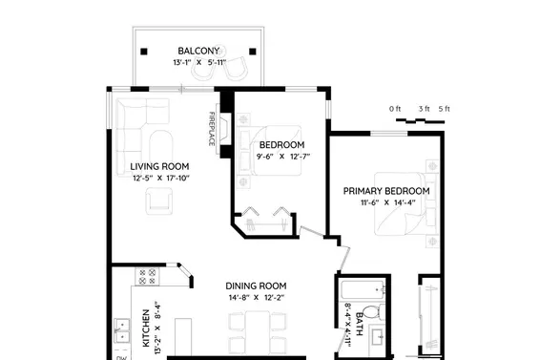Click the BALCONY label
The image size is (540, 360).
click(x=198, y=51)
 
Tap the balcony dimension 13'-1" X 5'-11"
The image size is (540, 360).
click(x=199, y=62)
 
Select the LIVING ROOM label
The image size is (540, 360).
click(x=159, y=166)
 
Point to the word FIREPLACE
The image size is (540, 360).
click(x=212, y=129)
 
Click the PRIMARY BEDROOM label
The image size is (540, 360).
click(x=386, y=191)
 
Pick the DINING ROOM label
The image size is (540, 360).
click(x=256, y=286)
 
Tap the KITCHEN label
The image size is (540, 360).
click(x=146, y=328)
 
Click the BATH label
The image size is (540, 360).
click(x=359, y=324)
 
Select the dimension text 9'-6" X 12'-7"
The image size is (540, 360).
click(x=283, y=157)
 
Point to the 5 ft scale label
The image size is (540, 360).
click(x=445, y=109)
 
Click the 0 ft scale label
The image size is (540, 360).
click(x=395, y=109)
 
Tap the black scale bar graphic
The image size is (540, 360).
click(x=420, y=120)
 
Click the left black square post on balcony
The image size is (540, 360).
click(x=144, y=52)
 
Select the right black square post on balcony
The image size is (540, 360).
click(x=253, y=52)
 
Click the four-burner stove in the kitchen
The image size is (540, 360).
click(x=147, y=277)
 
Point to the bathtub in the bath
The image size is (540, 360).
click(x=363, y=290)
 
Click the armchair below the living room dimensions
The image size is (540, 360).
click(x=158, y=201)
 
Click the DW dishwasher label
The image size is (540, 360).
click(x=121, y=357)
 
